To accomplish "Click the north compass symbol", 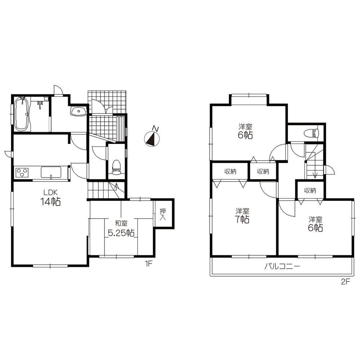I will tap(152, 139).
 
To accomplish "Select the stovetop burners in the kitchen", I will tap(22, 173).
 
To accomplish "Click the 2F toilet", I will tap(311, 133).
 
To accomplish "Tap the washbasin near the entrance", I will tap(78, 112).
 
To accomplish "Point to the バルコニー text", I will tap(282, 267).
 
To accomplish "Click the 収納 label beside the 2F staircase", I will tap(310, 190).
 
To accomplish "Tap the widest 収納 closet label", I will tap(230, 171).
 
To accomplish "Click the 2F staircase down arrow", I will tap(315, 174).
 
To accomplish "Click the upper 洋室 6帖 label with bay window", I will tap(245, 131).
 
